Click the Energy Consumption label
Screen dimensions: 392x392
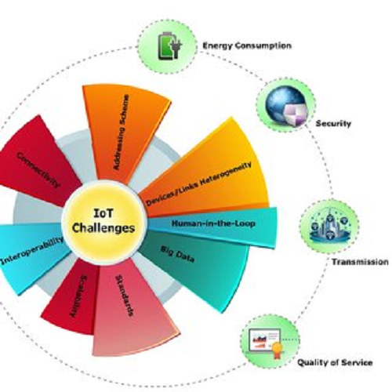247,46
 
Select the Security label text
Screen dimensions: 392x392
333,123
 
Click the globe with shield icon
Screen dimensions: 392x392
287,106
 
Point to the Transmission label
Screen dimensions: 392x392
360,262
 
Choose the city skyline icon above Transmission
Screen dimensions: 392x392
329,226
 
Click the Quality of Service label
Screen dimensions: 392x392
335,362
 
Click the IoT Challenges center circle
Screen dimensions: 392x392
104,222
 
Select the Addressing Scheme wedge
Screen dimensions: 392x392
123,131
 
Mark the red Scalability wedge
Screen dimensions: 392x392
73,298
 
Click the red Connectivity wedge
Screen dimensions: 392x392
39,162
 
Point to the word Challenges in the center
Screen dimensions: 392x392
103,228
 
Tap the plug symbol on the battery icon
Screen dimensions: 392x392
176,47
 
